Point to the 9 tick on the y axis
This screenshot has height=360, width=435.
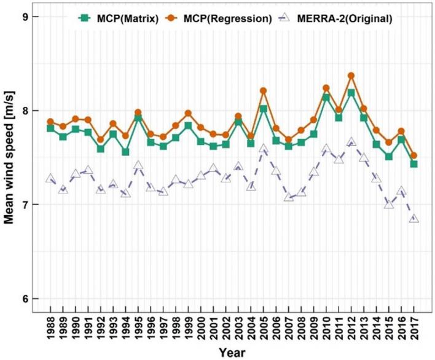(x=36, y=17)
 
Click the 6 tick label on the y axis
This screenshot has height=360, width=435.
(x=36, y=299)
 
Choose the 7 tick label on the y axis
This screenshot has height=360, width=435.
(x=36, y=205)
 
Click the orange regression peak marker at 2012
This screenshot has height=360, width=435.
(x=351, y=76)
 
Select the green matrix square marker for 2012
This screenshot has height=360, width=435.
(x=351, y=93)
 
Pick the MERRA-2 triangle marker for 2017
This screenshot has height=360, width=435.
(x=414, y=219)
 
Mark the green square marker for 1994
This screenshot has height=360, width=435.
(x=125, y=152)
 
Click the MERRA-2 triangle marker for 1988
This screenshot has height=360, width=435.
(x=50, y=179)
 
